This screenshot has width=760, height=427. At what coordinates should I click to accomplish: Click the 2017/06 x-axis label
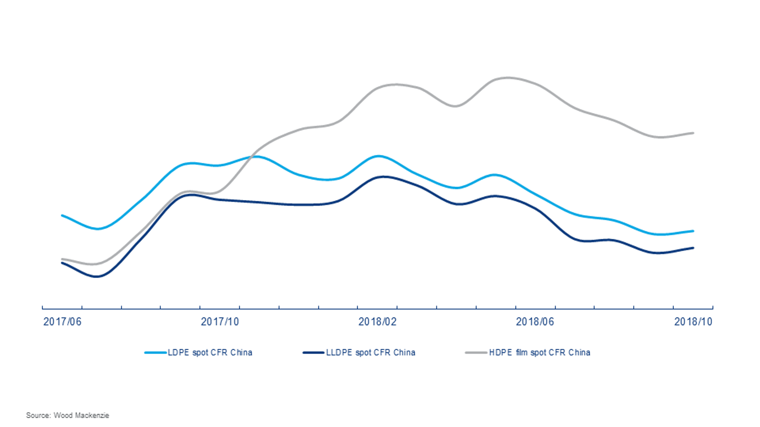[x=62, y=322]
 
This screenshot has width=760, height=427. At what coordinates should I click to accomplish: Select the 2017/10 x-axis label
[x=220, y=322]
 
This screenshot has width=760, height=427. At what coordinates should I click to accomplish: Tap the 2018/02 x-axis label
[x=377, y=322]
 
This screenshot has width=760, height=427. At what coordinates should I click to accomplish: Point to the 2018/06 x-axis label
[x=535, y=322]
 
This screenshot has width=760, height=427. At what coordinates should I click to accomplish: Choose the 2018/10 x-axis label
[x=693, y=322]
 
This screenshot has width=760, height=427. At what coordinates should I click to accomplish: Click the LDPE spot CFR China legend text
[x=210, y=352]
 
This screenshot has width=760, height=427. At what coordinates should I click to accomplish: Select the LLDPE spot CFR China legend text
[x=370, y=352]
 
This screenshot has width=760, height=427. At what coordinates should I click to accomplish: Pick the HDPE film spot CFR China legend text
[x=539, y=352]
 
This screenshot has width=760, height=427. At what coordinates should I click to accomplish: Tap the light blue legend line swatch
[x=155, y=352]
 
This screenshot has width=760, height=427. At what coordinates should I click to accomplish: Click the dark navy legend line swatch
[x=313, y=352]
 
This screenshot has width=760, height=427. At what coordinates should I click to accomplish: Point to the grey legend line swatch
[x=476, y=352]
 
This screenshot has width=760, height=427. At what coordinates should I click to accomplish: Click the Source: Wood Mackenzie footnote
[x=68, y=415]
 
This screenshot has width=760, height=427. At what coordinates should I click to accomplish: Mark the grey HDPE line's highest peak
[x=508, y=78]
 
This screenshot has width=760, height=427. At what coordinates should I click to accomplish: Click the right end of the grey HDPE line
[x=693, y=133]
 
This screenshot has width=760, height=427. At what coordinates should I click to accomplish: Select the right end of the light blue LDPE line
[x=693, y=231]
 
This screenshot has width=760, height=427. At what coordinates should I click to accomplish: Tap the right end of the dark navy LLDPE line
[x=693, y=248]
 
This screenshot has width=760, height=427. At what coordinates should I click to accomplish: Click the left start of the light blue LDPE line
[x=62, y=216]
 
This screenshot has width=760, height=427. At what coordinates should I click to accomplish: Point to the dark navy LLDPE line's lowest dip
[x=97, y=277]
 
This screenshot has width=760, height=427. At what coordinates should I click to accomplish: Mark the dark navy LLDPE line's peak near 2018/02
[x=383, y=177]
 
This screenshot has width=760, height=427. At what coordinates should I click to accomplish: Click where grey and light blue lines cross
[x=251, y=157]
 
